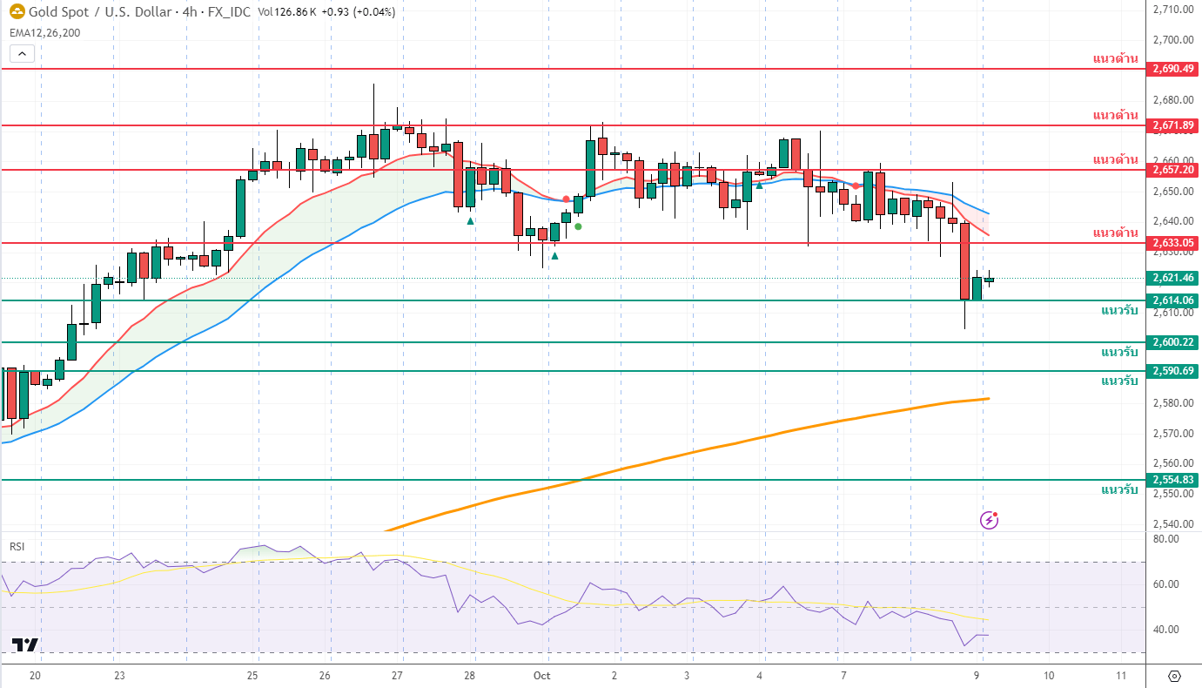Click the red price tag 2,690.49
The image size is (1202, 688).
click(x=1173, y=68)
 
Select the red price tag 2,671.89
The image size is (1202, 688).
click(x=1173, y=125)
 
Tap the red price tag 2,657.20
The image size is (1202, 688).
click(x=1173, y=169)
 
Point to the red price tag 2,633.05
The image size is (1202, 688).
click(x=1173, y=242)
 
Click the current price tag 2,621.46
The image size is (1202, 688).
click(x=1173, y=278)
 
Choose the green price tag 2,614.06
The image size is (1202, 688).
click(x=1173, y=300)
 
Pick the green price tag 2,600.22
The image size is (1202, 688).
click(x=1173, y=342)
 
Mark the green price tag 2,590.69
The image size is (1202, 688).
click(x=1173, y=371)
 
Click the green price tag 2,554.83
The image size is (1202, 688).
click(x=1173, y=480)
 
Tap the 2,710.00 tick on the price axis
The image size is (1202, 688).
click(x=1171, y=10)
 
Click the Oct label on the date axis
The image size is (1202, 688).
click(x=541, y=676)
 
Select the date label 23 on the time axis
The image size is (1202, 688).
click(x=119, y=676)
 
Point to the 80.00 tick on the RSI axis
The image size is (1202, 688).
click(x=1165, y=539)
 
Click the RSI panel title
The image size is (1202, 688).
click(x=17, y=547)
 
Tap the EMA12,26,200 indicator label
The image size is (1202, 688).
click(x=44, y=32)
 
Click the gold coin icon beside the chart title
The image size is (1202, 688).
click(x=17, y=12)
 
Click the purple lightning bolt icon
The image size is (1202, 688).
click(x=990, y=521)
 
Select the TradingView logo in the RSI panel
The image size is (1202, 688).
click(x=24, y=645)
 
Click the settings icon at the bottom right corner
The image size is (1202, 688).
click(x=1174, y=676)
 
